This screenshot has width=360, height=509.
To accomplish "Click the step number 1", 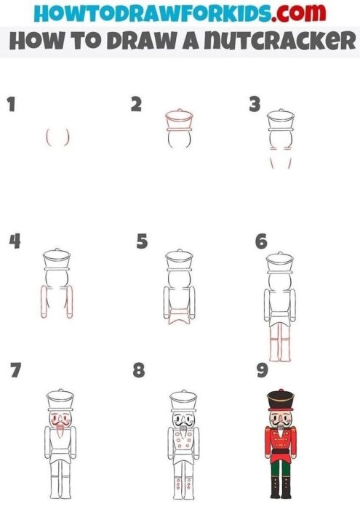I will pyautogui.click(x=10, y=105).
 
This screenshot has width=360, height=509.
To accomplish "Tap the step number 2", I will pyautogui.click(x=136, y=105).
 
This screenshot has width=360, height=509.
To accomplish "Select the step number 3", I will pyautogui.click(x=254, y=105).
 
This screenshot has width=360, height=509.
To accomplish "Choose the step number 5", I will pyautogui.click(x=142, y=241).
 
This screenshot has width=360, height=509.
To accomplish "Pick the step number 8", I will pyautogui.click(x=139, y=372).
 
